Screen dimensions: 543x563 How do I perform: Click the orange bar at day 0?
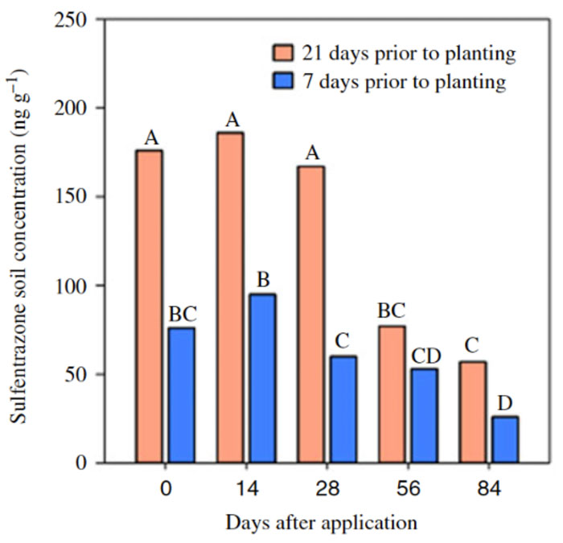pos(149,306)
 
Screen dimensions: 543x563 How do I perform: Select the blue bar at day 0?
pos(181,394)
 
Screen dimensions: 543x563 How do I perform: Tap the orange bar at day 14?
pos(230,298)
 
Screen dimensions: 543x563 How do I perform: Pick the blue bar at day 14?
pos(262,378)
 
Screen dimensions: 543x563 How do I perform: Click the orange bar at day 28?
pos(310,314)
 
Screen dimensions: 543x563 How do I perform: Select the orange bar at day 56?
pos(392,394)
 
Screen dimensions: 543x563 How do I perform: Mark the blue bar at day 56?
pos(424,415)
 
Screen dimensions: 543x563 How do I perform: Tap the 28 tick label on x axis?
pos(327,487)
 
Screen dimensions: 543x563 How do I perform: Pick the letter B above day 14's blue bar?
pos(262,279)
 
